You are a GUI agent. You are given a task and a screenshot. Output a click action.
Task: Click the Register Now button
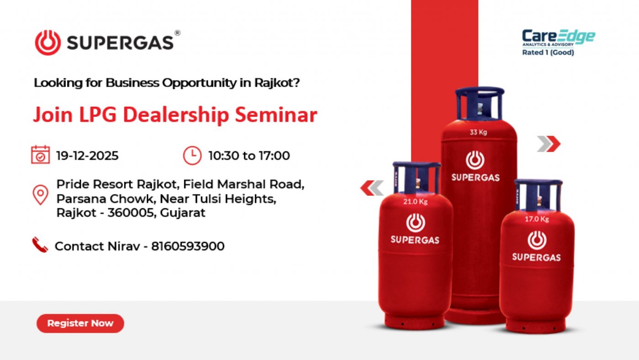pyautogui.click(x=80, y=323)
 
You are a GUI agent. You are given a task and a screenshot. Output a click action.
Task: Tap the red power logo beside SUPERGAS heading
pyautogui.click(x=47, y=42)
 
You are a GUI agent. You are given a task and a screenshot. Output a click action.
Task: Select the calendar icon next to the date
pyautogui.click(x=40, y=155)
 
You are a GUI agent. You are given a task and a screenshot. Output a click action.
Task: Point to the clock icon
pyautogui.click(x=192, y=155)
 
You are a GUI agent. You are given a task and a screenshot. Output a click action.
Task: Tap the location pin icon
pyautogui.click(x=40, y=194)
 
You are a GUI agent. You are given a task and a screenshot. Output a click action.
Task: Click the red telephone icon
pyautogui.click(x=40, y=245)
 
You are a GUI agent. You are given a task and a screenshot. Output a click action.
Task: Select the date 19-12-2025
pyautogui.click(x=87, y=156)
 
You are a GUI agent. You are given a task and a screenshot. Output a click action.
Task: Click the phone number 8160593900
pyautogui.click(x=188, y=246)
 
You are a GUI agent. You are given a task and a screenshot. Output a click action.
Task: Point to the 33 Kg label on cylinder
pyautogui.click(x=478, y=133)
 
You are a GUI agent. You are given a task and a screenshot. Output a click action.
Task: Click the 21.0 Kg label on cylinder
pyautogui.click(x=414, y=201)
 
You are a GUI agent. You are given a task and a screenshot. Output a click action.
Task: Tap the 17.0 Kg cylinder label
pyautogui.click(x=536, y=219)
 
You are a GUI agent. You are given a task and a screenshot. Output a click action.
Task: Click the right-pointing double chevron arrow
pyautogui.click(x=548, y=144)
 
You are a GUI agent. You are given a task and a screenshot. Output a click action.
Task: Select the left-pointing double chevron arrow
pyautogui.click(x=372, y=188)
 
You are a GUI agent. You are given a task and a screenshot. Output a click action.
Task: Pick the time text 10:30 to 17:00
pyautogui.click(x=249, y=156)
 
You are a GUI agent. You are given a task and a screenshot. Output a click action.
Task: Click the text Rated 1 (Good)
pyautogui.click(x=548, y=52)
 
